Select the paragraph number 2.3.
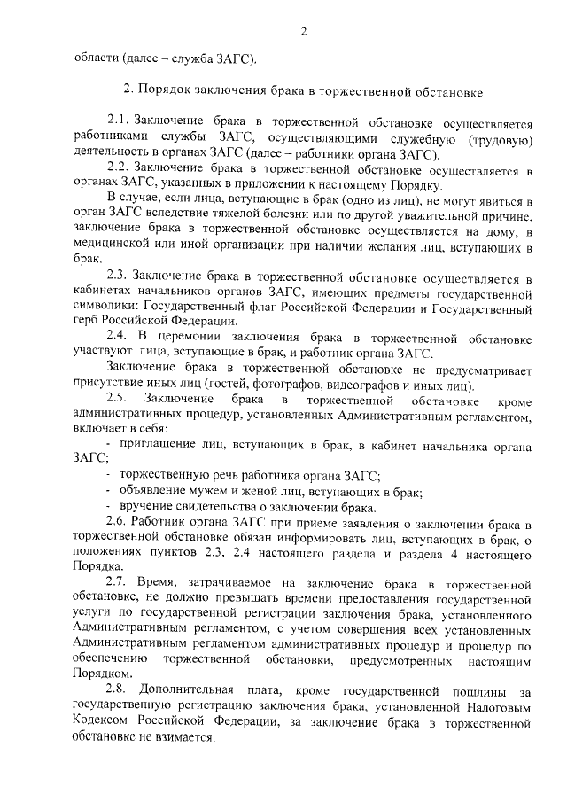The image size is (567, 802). [x=118, y=278]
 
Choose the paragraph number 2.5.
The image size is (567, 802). [x=118, y=406]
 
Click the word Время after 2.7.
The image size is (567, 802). [x=159, y=581]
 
